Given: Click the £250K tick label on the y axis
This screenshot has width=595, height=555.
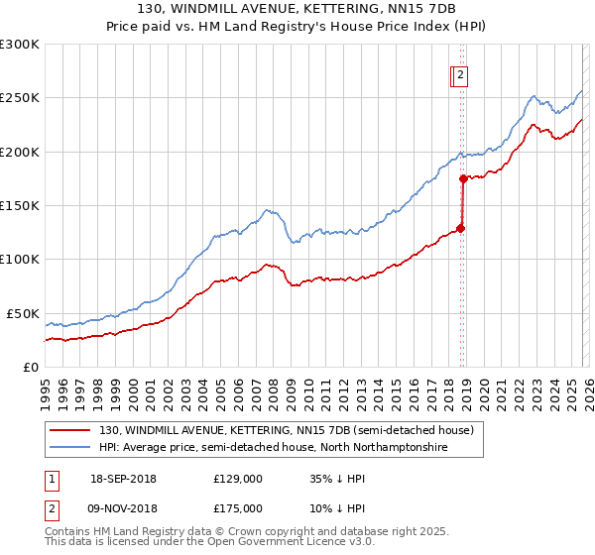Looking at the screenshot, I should pyautogui.click(x=19, y=98).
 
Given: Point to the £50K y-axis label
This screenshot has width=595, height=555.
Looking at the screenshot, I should pyautogui.click(x=22, y=313).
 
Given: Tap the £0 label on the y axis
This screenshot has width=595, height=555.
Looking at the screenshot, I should pyautogui.click(x=30, y=367).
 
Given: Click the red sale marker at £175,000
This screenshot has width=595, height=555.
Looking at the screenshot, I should pyautogui.click(x=463, y=179).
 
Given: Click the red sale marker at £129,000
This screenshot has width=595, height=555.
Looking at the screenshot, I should pyautogui.click(x=461, y=228).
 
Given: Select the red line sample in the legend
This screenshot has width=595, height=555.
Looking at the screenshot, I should pyautogui.click(x=71, y=430).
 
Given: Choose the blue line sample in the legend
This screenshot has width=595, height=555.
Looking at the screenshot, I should pyautogui.click(x=71, y=448).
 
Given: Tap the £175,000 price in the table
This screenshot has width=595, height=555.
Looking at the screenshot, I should pyautogui.click(x=238, y=508).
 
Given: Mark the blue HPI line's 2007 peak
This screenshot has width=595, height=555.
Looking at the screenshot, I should pyautogui.click(x=266, y=210).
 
